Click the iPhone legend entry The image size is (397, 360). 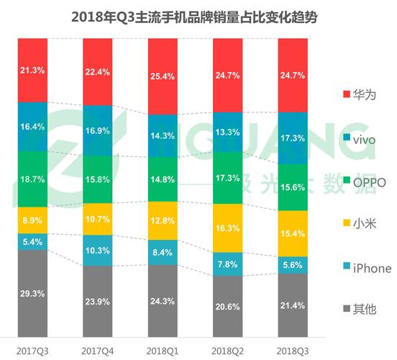[x=367, y=269]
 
